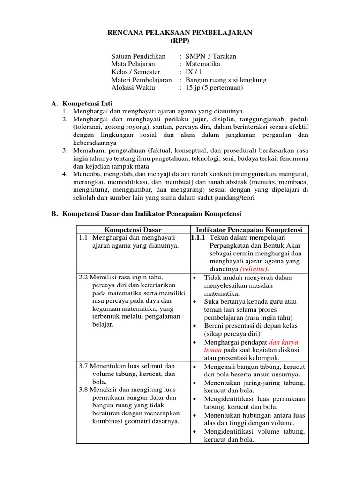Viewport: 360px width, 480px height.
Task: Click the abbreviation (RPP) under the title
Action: pyautogui.click(x=180, y=41)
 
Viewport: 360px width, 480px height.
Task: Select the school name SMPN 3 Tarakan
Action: pyautogui.click(x=211, y=56)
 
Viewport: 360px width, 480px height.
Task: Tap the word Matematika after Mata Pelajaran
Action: pyautogui.click(x=203, y=64)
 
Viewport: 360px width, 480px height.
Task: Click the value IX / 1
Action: pyautogui.click(x=194, y=72)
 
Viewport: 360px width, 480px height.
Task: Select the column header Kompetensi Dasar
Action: pyautogui.click(x=133, y=230)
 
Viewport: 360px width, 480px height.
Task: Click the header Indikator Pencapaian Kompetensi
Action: pyautogui.click(x=249, y=230)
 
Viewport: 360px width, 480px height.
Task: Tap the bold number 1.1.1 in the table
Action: pyautogui.click(x=197, y=238)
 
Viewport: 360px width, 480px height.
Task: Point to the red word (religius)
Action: pyautogui.click(x=254, y=270)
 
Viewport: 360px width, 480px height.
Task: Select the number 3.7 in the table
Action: pyautogui.click(x=84, y=366)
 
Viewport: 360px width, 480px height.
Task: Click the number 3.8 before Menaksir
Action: pyautogui.click(x=84, y=390)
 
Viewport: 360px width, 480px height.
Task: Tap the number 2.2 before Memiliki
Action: pyautogui.click(x=84, y=277)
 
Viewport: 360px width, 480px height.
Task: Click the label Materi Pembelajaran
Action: pyautogui.click(x=142, y=80)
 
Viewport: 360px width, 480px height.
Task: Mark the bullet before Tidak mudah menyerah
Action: pyautogui.click(x=194, y=277)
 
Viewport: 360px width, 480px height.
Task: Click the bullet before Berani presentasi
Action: pyautogui.click(x=194, y=326)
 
